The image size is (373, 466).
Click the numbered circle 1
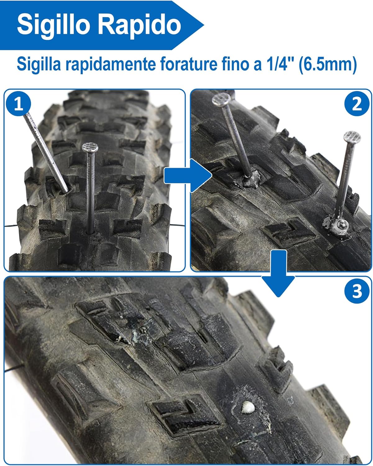(x=19, y=104)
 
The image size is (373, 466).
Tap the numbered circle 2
(x=357, y=104)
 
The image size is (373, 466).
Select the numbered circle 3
(x=357, y=291)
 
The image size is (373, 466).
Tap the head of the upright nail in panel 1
(x=90, y=147)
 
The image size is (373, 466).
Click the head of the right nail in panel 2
(x=352, y=137)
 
